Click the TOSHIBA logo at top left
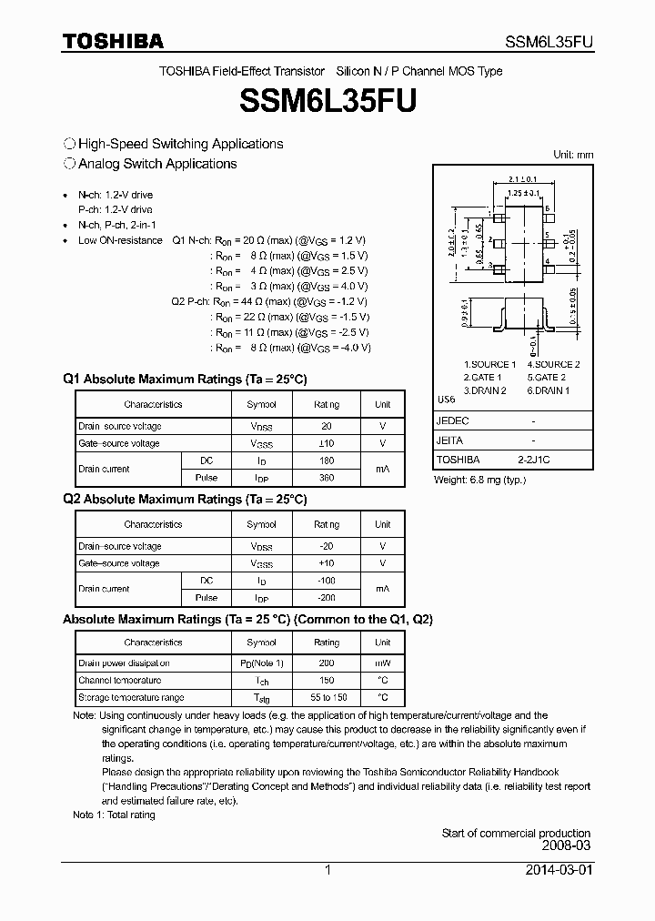113,41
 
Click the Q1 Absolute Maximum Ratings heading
185,379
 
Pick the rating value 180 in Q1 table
327,460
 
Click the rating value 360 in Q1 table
327,478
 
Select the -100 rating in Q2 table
327,581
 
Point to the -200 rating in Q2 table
327,598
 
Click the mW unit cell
382,663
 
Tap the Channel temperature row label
119,681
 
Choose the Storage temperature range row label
130,698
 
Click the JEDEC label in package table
453,421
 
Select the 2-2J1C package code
533,460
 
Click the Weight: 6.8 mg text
480,480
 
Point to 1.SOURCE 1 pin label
489,364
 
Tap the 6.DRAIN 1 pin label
549,390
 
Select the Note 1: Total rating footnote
114,815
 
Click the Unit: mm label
573,155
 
